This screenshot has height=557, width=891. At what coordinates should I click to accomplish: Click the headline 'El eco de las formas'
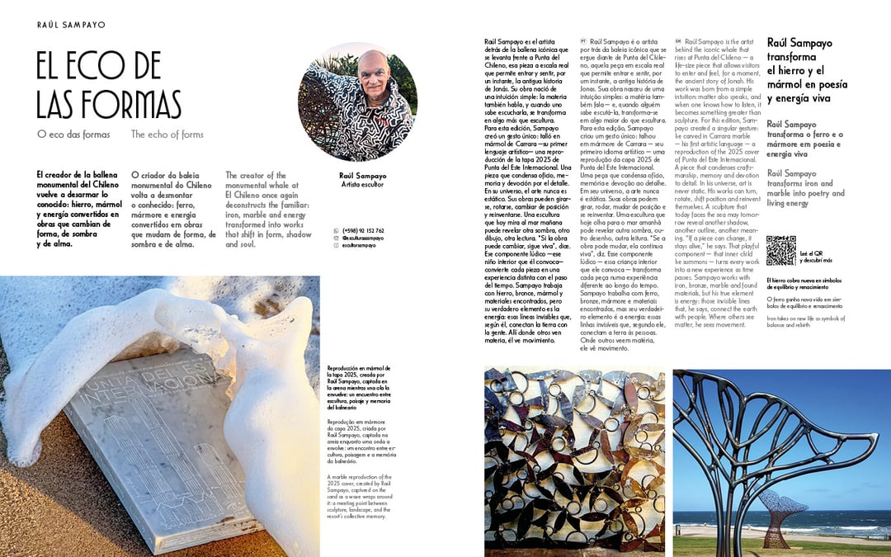[x=109, y=86]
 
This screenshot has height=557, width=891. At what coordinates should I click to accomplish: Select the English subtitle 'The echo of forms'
[x=167, y=134]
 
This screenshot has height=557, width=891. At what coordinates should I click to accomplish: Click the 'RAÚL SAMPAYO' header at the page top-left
[x=72, y=25]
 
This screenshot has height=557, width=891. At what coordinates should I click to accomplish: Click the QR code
[x=780, y=250]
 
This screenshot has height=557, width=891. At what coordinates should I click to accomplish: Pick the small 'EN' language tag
[x=678, y=40]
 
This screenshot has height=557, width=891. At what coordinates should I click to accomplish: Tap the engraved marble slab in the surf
[x=165, y=446]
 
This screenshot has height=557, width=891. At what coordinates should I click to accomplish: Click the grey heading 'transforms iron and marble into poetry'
[x=805, y=188]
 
